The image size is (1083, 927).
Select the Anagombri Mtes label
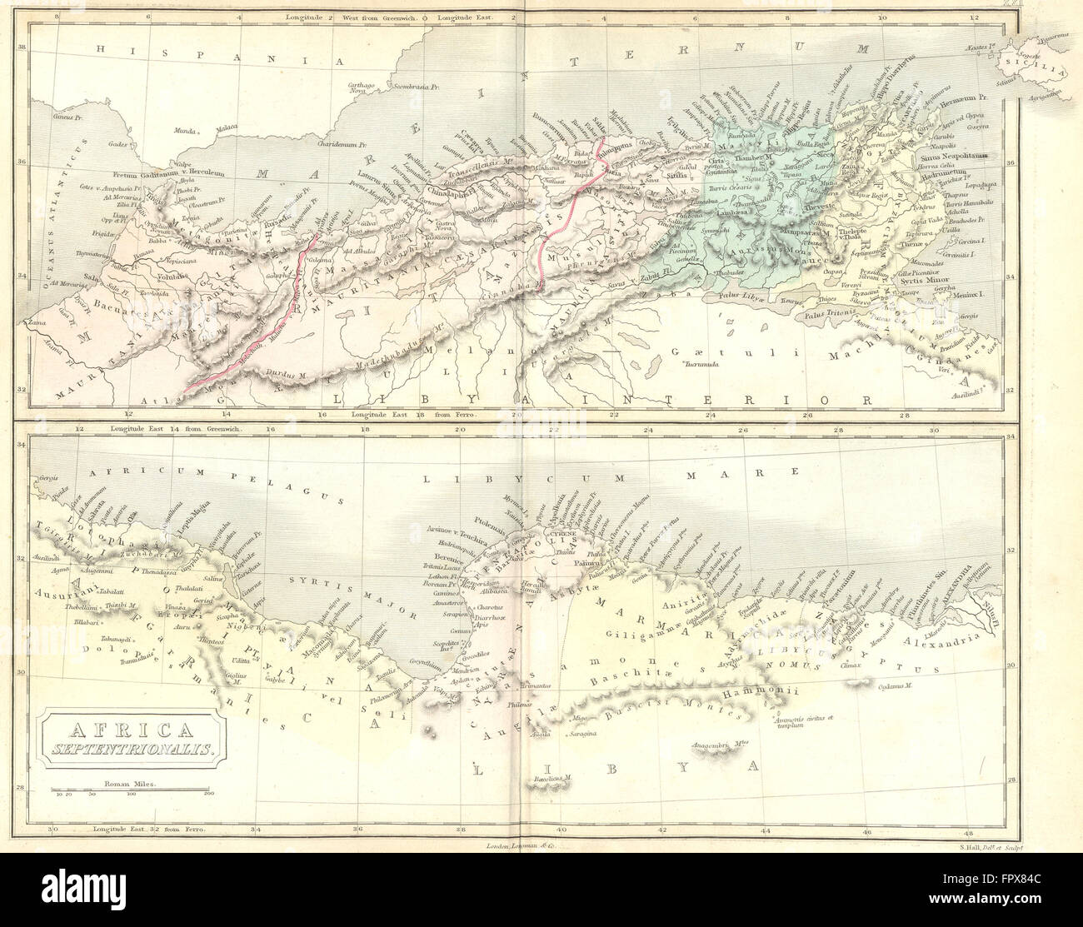(x=707, y=745)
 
